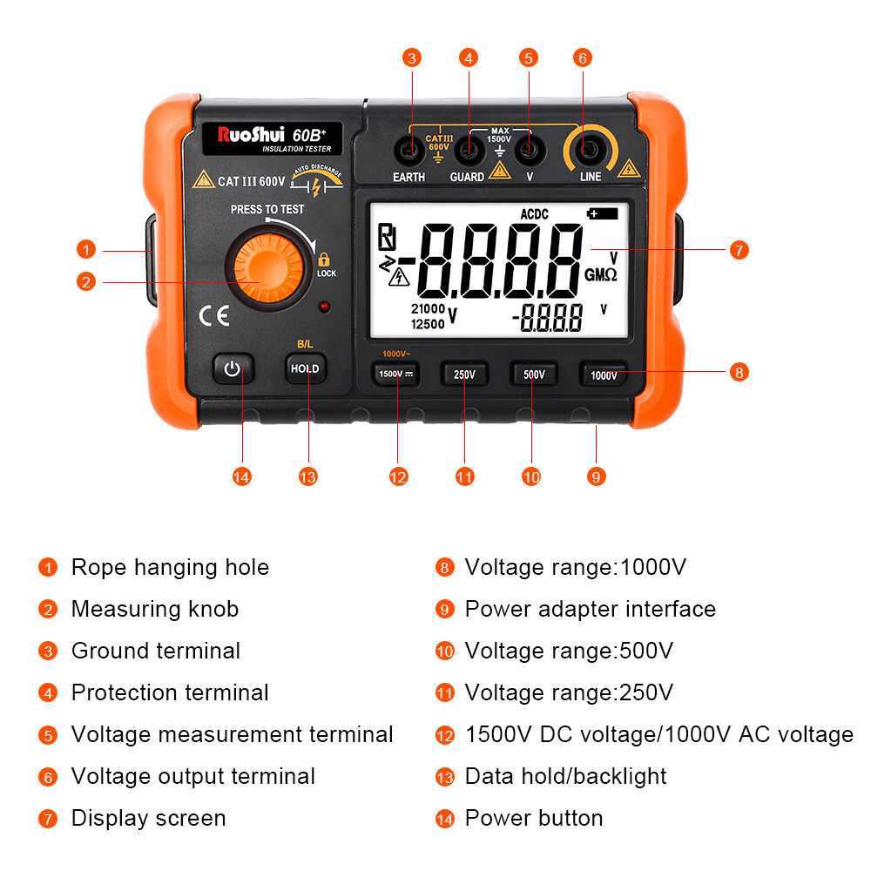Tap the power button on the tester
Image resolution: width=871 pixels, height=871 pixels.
232,369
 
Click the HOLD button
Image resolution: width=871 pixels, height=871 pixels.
305,368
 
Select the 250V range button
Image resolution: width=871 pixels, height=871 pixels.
464,375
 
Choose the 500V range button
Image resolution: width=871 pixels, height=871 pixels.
534,375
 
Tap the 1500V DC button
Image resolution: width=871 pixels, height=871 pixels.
396,375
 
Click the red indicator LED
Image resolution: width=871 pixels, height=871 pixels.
323,307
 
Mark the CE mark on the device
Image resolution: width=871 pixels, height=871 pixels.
214,316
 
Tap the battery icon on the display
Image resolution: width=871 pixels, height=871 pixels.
602,213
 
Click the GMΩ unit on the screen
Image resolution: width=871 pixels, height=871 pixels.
601,274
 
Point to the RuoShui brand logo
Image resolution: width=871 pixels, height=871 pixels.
247,135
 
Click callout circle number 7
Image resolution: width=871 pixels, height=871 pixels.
738,250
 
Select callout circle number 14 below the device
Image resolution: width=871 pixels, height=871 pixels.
241,476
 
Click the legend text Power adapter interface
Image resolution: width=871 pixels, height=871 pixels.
590,609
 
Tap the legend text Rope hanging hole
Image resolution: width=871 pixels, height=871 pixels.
170,567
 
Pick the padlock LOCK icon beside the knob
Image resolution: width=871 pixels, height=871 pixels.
325,260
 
